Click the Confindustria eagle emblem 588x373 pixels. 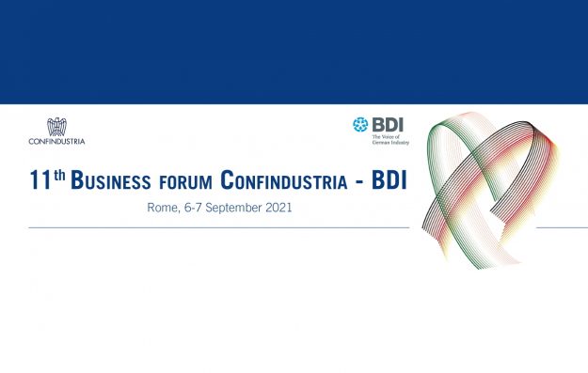(x=56, y=127)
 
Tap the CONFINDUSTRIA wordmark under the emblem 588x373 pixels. (x=56, y=142)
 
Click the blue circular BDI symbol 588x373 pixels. (x=360, y=125)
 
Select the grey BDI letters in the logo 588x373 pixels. (x=388, y=124)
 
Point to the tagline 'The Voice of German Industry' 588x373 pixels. (x=390, y=139)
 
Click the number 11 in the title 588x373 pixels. (x=40, y=179)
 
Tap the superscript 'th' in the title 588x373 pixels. (x=59, y=175)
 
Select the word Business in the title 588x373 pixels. (x=111, y=179)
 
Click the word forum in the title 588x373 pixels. (x=185, y=182)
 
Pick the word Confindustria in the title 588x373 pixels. (x=284, y=179)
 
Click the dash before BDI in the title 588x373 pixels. (x=358, y=183)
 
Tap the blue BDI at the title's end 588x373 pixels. (x=389, y=179)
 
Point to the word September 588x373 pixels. (x=233, y=209)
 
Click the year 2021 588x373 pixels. (x=278, y=208)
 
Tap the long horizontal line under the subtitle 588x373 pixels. (x=219, y=227)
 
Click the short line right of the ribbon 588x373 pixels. (x=562, y=227)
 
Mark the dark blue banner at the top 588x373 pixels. (x=294, y=52)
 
